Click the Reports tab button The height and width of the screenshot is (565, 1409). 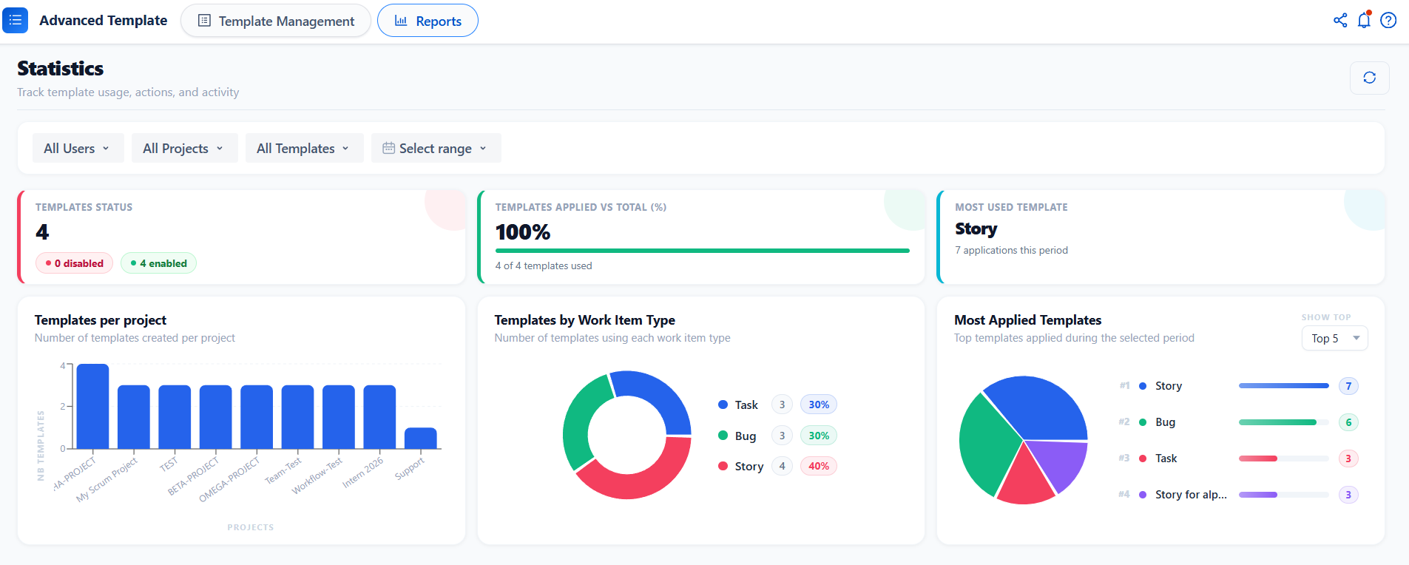(428, 21)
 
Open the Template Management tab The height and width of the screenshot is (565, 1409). (276, 21)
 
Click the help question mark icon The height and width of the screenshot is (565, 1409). (1388, 20)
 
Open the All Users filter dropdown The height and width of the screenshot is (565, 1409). (78, 148)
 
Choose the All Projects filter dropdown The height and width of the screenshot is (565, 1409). (184, 148)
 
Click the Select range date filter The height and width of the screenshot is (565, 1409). (436, 148)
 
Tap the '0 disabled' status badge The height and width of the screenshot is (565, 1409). (74, 263)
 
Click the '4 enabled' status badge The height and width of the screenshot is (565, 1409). (158, 263)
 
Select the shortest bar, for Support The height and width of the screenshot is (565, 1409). (421, 438)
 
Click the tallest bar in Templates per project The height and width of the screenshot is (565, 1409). (92, 406)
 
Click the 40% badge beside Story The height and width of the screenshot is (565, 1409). (819, 466)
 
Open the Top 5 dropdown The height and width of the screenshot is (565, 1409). (1334, 338)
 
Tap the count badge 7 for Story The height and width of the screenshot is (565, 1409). (1348, 386)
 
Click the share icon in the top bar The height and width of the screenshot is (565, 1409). (1340, 20)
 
